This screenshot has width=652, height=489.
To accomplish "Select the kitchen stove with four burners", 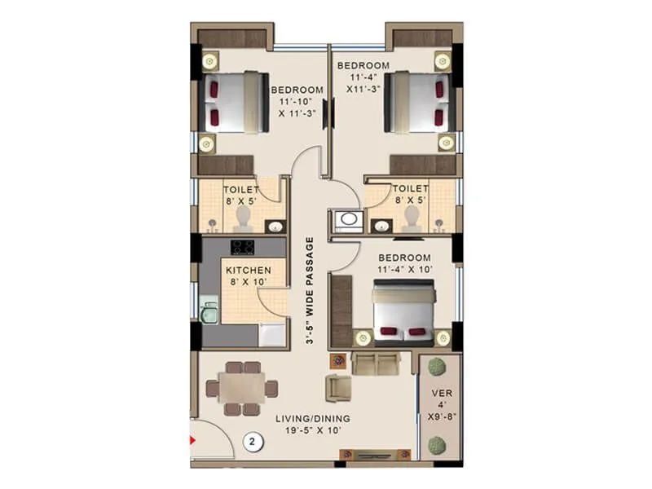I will click(x=242, y=246).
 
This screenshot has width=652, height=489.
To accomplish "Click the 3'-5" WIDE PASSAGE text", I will click(x=310, y=291).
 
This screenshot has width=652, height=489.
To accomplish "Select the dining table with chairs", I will click(x=241, y=388).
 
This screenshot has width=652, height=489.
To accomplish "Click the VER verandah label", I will click(x=439, y=393).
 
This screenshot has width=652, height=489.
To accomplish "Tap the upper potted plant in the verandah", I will click(x=438, y=364).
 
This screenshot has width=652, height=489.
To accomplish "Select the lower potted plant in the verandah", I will click(x=438, y=445).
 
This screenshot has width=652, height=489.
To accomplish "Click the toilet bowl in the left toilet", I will click(x=242, y=214).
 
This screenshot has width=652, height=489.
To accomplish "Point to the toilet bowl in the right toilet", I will click(x=412, y=214).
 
